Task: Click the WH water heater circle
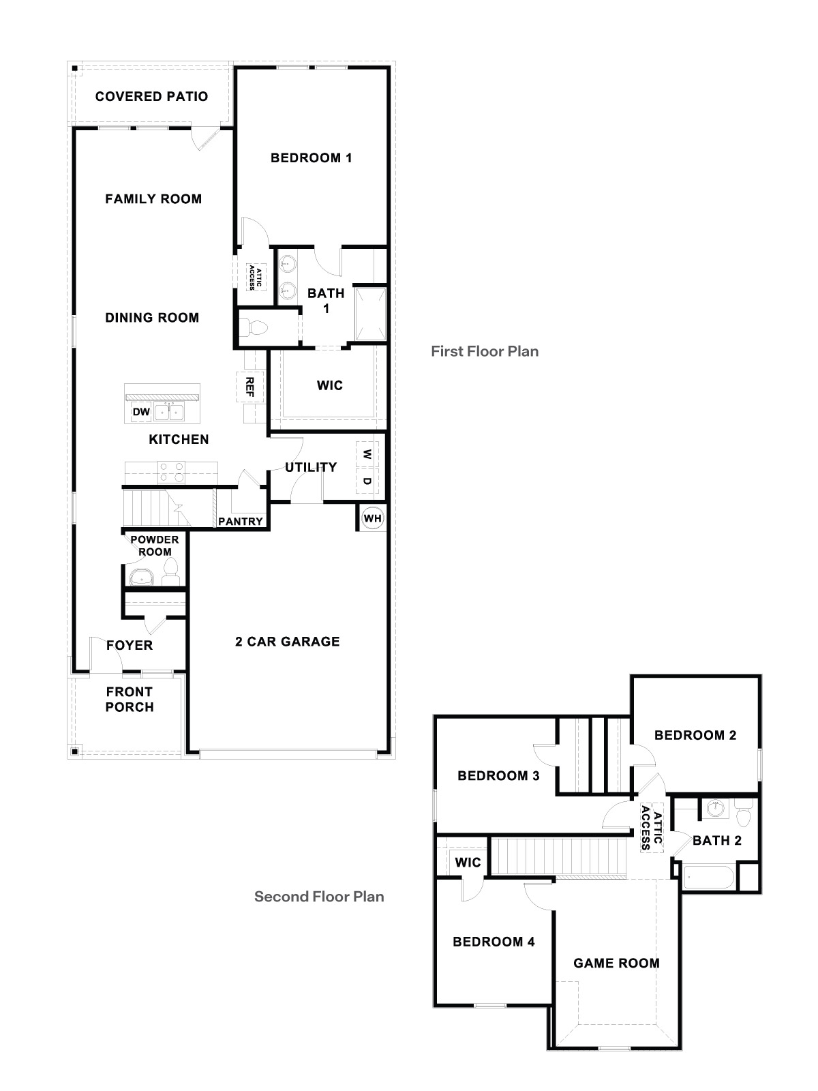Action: [372, 518]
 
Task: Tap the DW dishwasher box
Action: [141, 412]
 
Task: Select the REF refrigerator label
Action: [249, 387]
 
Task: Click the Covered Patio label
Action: [151, 96]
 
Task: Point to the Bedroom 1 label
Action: [311, 158]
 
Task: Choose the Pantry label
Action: [241, 522]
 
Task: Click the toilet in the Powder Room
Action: [170, 571]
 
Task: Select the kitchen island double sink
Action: [169, 412]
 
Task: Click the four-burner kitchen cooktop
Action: [171, 472]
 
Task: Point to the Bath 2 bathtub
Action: [709, 877]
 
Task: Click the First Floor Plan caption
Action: [485, 351]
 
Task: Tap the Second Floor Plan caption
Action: [319, 897]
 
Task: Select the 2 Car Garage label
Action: [287, 642]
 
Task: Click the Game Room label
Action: [616, 963]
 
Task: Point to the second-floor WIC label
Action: [468, 863]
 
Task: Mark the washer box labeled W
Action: [367, 454]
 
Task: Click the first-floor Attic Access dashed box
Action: [252, 278]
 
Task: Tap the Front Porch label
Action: [130, 700]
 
